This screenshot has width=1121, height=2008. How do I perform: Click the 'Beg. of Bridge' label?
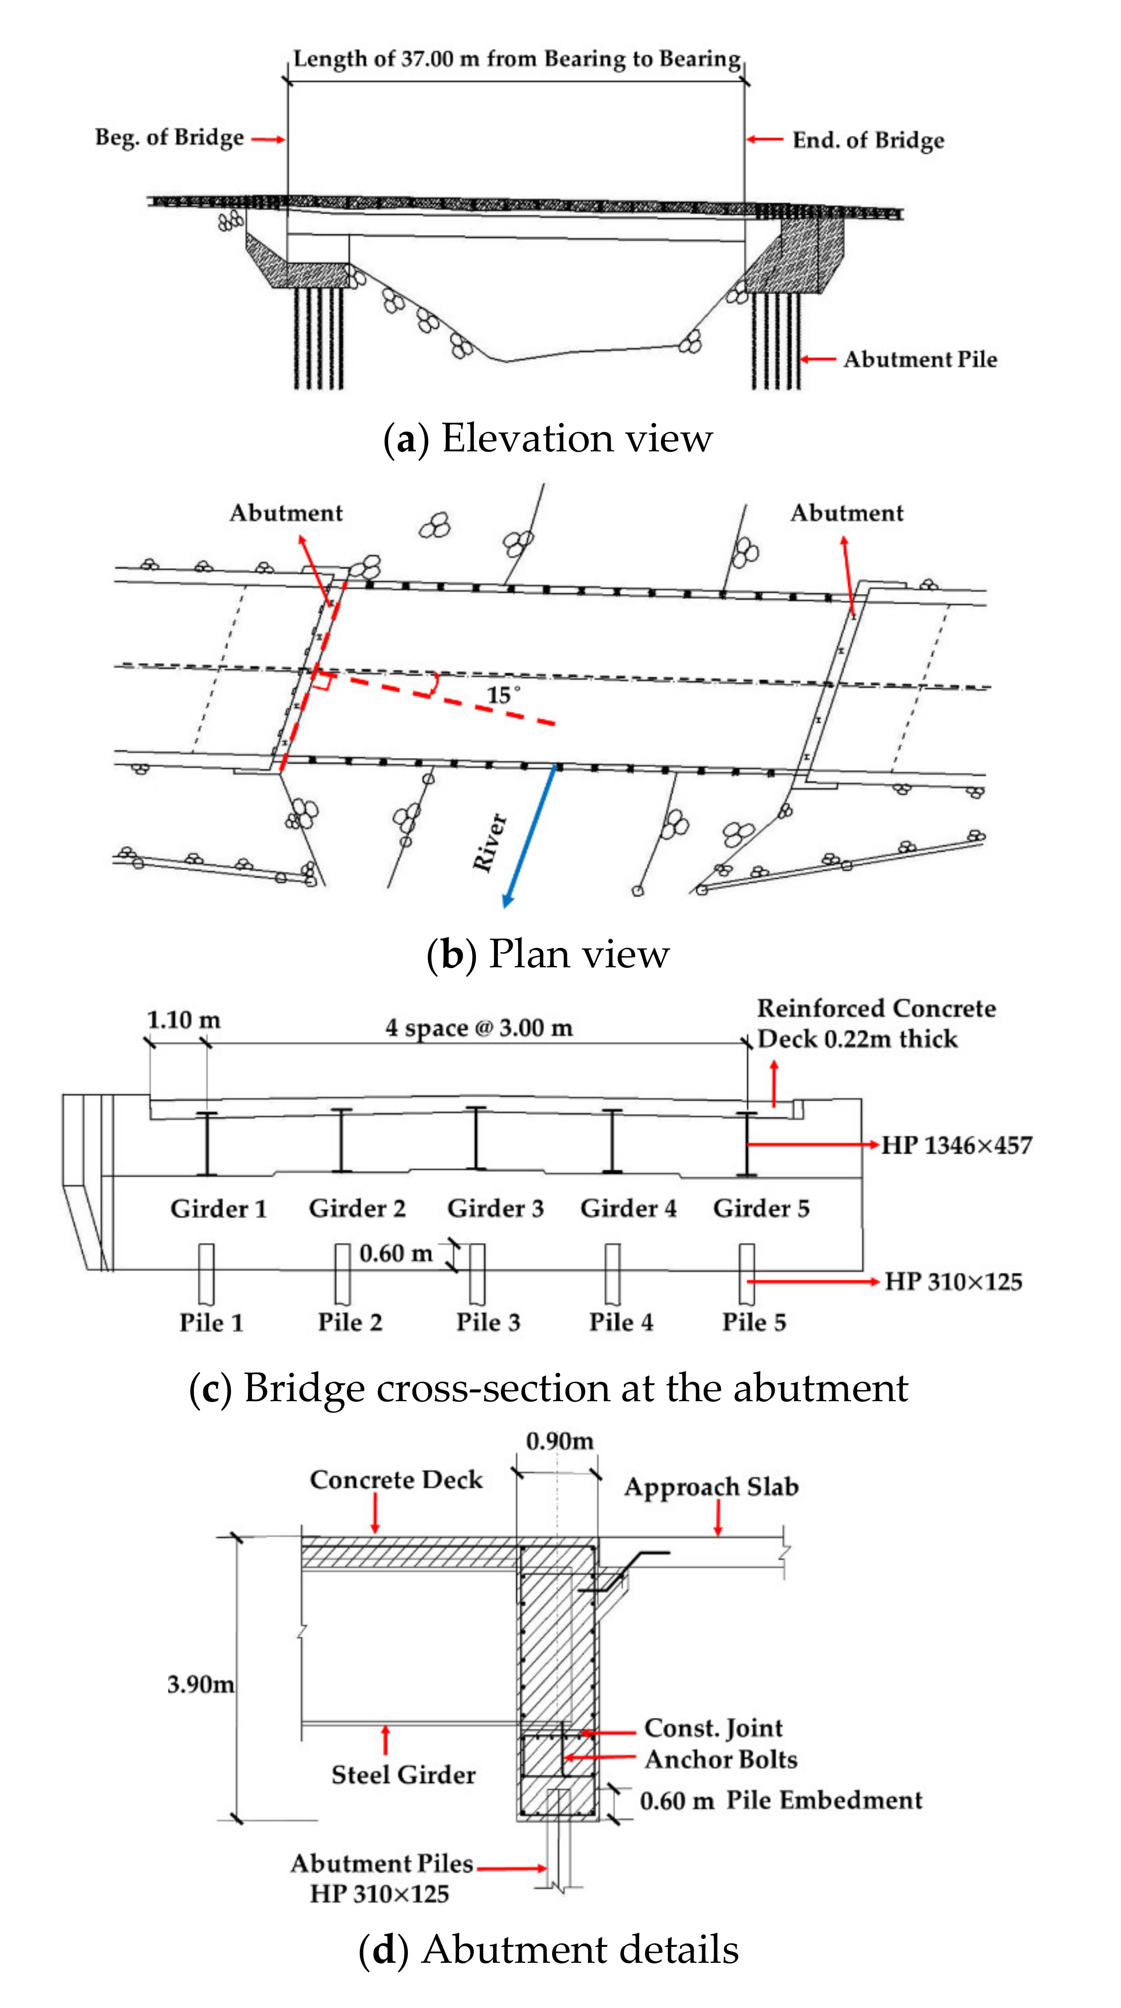pyautogui.click(x=169, y=138)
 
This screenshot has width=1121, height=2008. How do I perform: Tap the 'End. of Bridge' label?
pyautogui.click(x=868, y=140)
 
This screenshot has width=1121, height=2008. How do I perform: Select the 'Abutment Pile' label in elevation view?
pyautogui.click(x=920, y=359)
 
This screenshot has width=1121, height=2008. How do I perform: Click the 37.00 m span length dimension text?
pyautogui.click(x=516, y=59)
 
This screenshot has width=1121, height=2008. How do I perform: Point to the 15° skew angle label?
pyautogui.click(x=503, y=694)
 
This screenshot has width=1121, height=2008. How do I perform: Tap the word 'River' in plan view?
pyautogui.click(x=489, y=842)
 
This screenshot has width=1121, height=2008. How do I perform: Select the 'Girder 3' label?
pyautogui.click(x=495, y=1208)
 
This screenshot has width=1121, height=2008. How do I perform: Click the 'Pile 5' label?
pyautogui.click(x=754, y=1322)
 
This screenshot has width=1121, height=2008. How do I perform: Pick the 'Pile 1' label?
pyautogui.click(x=211, y=1322)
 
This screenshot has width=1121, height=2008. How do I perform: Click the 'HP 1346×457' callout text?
pyautogui.click(x=957, y=1145)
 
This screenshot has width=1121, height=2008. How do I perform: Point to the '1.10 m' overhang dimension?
pyautogui.click(x=184, y=1019)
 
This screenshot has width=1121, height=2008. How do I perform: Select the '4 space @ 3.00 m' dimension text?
pyautogui.click(x=479, y=1027)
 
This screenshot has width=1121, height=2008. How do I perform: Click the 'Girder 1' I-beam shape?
pyautogui.click(x=207, y=1143)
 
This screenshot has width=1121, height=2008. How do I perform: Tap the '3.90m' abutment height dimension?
pyautogui.click(x=200, y=1684)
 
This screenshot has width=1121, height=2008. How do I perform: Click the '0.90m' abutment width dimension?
pyautogui.click(x=560, y=1440)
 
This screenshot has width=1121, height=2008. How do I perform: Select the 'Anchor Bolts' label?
pyautogui.click(x=721, y=1759)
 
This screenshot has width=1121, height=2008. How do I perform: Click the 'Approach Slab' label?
pyautogui.click(x=711, y=1487)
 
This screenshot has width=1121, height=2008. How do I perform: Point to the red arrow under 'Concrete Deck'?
pyautogui.click(x=375, y=1514)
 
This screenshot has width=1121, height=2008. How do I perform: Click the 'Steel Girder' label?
pyautogui.click(x=403, y=1775)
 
